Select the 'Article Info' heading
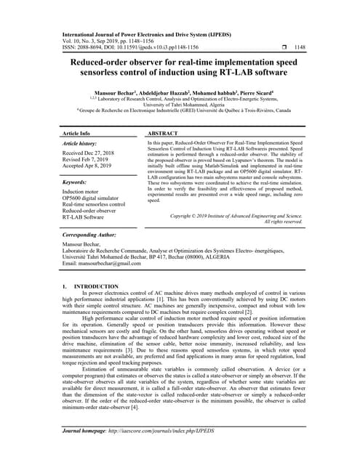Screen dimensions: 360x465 [x=76, y=134]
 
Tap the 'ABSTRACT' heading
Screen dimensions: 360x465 [x=164, y=134]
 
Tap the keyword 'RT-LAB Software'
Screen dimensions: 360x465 [x=84, y=217]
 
